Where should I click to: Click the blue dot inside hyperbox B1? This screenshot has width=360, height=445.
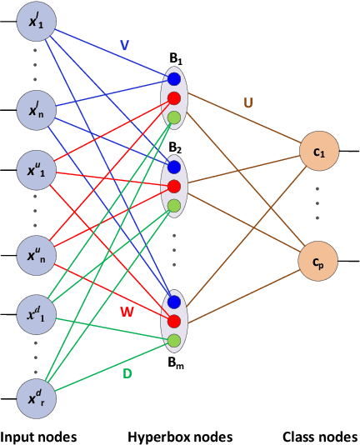tap(174, 80)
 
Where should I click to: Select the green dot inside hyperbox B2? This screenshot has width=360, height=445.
tap(174, 205)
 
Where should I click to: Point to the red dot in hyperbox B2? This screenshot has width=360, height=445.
tap(174, 186)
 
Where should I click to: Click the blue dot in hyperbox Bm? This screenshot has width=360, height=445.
tap(174, 302)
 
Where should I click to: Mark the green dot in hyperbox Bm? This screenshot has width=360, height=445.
tap(174, 340)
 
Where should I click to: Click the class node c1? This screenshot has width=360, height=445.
tap(318, 152)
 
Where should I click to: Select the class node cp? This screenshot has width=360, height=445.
tap(318, 260)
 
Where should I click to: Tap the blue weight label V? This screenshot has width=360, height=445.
tap(124, 47)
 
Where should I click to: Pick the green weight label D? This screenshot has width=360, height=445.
tap(127, 374)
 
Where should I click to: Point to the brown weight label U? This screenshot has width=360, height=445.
tap(247, 102)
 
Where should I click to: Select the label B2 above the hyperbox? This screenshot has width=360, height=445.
tap(174, 147)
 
